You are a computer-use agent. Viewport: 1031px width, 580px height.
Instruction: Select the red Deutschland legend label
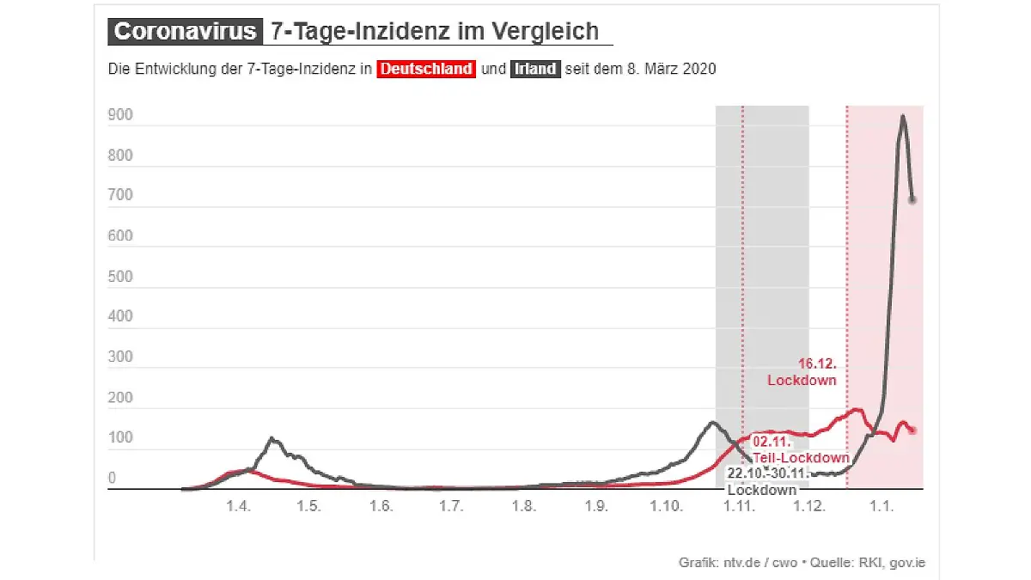[426, 70]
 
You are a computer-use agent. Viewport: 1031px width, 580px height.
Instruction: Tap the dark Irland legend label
[535, 70]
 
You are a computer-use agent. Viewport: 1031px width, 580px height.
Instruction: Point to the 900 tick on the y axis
[120, 115]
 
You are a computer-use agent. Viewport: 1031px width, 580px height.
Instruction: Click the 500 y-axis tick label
[120, 277]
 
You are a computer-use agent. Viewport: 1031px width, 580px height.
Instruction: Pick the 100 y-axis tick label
[120, 438]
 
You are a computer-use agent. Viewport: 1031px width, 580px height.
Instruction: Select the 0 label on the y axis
[112, 478]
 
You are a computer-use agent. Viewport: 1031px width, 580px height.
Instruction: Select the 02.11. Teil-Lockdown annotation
[800, 449]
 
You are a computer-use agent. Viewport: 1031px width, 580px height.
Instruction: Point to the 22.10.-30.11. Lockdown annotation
[763, 481]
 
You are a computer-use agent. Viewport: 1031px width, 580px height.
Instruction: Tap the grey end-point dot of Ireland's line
[912, 199]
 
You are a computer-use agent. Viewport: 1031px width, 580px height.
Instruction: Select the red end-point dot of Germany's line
[912, 430]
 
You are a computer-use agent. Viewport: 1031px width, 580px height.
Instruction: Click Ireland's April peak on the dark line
[271, 439]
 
